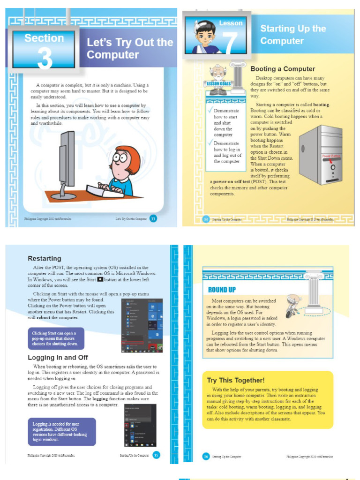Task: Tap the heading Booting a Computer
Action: (x=282, y=69)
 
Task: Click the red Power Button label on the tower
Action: (x=331, y=156)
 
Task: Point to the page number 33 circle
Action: (x=153, y=219)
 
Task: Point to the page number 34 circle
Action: (x=206, y=219)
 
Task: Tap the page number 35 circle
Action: (x=157, y=455)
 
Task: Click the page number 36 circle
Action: (x=206, y=456)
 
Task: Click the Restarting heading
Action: (x=44, y=258)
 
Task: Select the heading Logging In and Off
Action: (x=58, y=358)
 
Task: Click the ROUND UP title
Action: (x=222, y=290)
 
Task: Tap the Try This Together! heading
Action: (x=236, y=380)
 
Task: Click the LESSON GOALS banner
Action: (x=217, y=84)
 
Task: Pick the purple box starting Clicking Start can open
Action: (x=56, y=337)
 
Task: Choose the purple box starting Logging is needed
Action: (x=61, y=432)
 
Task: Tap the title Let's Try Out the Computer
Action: (x=129, y=48)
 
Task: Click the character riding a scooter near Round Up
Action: (x=292, y=306)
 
